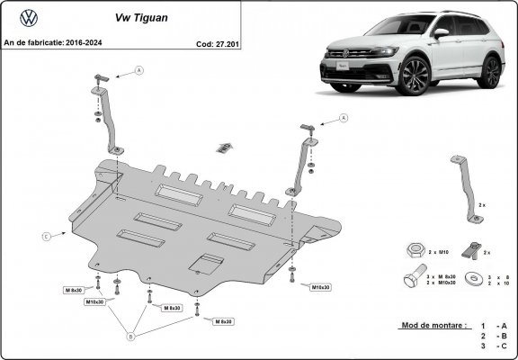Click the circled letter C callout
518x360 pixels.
[x=46, y=236]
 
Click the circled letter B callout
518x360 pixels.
[x=131, y=337]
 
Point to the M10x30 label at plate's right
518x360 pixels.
[x=321, y=287]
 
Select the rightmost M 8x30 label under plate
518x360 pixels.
[x=224, y=321]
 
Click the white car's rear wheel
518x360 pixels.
[x=489, y=71]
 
